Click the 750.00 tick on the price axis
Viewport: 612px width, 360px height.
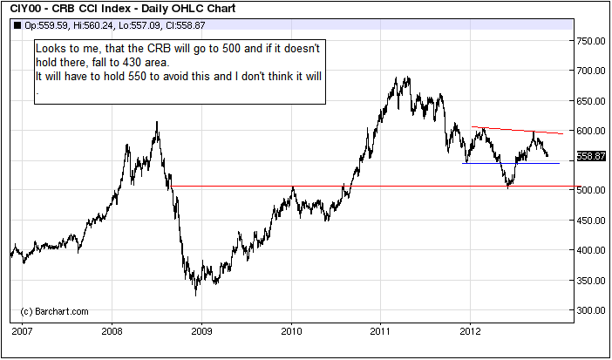591,41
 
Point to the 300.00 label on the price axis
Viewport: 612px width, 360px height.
591,310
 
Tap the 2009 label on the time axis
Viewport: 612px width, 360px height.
201,332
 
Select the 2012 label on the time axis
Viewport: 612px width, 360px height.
471,332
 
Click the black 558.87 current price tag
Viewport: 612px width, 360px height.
591,156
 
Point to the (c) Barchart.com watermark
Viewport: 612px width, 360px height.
54,311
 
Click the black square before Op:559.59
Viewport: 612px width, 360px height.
17,26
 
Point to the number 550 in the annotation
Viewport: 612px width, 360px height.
136,76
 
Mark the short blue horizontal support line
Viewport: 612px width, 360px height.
511,163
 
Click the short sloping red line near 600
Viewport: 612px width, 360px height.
518,131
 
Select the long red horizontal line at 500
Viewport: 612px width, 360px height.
376,187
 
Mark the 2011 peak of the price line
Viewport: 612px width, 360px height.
409,77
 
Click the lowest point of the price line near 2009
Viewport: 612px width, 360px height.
195,295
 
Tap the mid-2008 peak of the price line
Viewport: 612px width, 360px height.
157,122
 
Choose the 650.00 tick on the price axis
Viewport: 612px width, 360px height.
591,101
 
